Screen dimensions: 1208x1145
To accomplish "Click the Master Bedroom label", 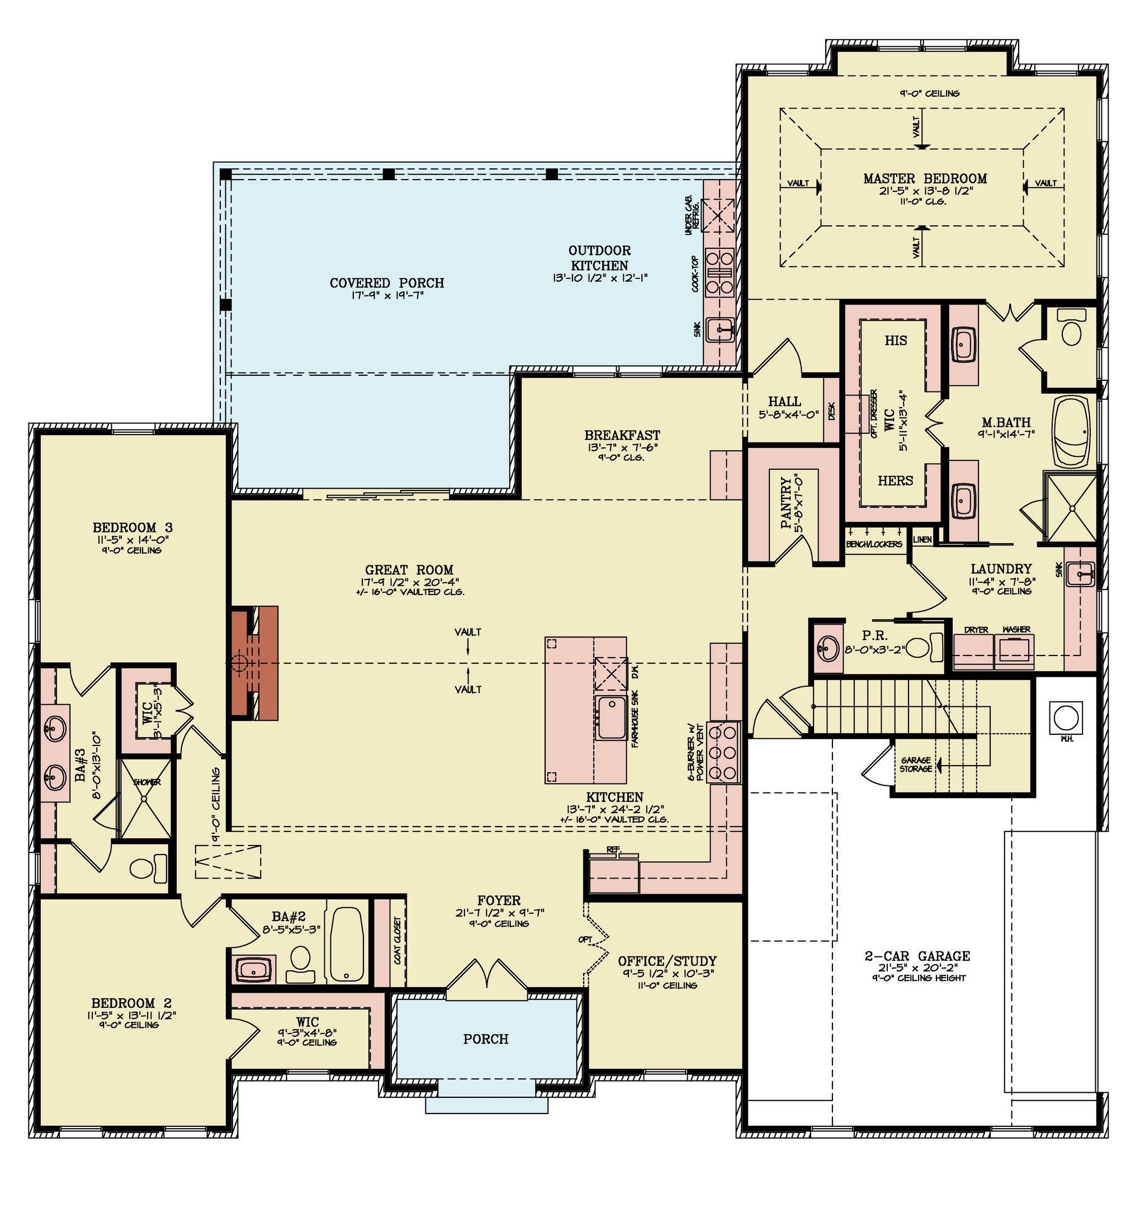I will pyautogui.click(x=925, y=179).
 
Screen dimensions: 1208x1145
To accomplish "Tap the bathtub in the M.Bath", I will pyautogui.click(x=1072, y=432).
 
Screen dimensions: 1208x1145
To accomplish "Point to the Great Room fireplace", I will pyautogui.click(x=255, y=663).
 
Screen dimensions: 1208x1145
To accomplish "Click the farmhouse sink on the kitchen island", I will pyautogui.click(x=611, y=716).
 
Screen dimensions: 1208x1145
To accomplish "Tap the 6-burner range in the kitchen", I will pyautogui.click(x=724, y=752).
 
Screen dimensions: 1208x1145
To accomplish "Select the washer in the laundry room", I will pyautogui.click(x=1014, y=650).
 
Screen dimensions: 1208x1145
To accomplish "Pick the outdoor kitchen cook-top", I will pyautogui.click(x=719, y=272).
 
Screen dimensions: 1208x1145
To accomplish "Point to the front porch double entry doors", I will pyautogui.click(x=486, y=975).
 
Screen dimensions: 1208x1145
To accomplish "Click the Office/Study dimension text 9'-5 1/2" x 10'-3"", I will pyautogui.click(x=668, y=974).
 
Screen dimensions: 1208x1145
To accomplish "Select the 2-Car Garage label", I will pyautogui.click(x=917, y=956).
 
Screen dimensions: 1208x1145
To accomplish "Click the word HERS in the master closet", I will pyautogui.click(x=896, y=481).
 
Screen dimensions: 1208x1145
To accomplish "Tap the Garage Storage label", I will pyautogui.click(x=916, y=765).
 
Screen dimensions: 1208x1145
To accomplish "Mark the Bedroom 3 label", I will pyautogui.click(x=133, y=527).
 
